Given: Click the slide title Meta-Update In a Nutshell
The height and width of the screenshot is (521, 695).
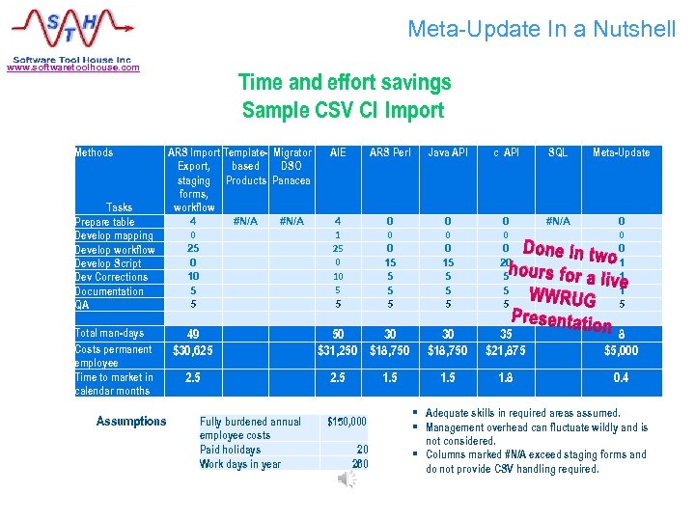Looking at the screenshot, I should click(x=542, y=29).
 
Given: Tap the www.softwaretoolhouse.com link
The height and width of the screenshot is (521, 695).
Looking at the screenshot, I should click(x=72, y=68).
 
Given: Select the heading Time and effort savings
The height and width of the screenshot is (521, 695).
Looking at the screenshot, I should click(x=344, y=82).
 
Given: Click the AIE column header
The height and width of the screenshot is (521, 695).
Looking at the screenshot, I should click(x=338, y=152).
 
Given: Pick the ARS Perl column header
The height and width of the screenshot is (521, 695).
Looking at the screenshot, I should click(x=389, y=152).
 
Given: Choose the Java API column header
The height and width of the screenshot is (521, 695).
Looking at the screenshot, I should click(x=447, y=152).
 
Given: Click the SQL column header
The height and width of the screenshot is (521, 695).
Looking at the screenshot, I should click(x=558, y=152).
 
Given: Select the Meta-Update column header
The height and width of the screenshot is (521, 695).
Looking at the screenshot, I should click(x=621, y=152).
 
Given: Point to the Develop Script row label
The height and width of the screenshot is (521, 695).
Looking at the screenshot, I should click(x=108, y=263).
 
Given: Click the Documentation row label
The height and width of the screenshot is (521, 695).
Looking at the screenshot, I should click(x=109, y=291).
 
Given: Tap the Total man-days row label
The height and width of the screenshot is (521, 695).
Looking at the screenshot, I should click(x=109, y=333).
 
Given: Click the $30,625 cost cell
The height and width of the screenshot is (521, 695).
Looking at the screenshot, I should click(x=193, y=350).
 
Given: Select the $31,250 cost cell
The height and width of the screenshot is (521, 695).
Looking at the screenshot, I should click(x=338, y=350).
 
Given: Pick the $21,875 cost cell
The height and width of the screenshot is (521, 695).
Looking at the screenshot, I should click(x=505, y=350).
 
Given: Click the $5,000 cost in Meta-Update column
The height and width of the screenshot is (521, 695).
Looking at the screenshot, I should click(x=621, y=350).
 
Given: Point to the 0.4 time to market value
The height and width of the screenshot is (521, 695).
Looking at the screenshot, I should click(x=621, y=378).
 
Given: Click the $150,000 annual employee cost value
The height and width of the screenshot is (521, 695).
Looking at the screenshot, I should click(x=347, y=422).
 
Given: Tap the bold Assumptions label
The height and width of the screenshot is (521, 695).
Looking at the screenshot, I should click(x=131, y=422).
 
